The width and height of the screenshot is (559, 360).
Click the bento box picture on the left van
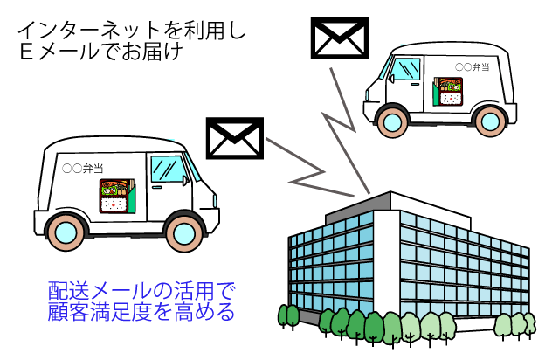[114, 196]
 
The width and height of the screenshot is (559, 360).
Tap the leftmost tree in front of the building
[286, 316]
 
